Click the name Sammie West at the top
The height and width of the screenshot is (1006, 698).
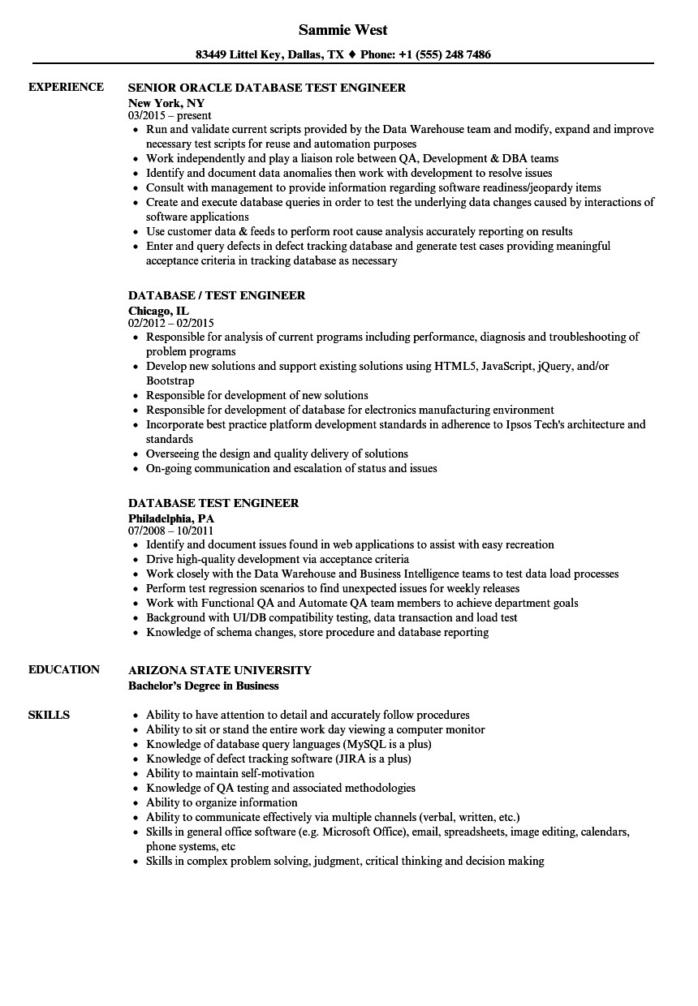tap(343, 30)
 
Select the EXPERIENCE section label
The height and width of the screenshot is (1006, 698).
tap(66, 87)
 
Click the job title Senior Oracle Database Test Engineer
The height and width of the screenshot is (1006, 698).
tap(267, 88)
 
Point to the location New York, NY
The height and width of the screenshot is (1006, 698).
tap(166, 103)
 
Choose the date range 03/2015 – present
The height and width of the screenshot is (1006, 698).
tap(170, 116)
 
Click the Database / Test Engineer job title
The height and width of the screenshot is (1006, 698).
tap(217, 295)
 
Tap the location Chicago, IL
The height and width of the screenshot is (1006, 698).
tap(159, 311)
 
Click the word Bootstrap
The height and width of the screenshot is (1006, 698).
tap(170, 380)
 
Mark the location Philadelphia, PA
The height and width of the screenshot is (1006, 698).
tap(171, 518)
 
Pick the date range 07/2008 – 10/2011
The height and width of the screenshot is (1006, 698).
tap(171, 531)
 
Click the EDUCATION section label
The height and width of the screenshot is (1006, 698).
tap(64, 669)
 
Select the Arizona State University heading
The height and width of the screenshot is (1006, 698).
tap(220, 670)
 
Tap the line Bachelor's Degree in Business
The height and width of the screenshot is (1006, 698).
tap(204, 686)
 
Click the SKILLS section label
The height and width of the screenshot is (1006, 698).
tap(49, 715)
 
